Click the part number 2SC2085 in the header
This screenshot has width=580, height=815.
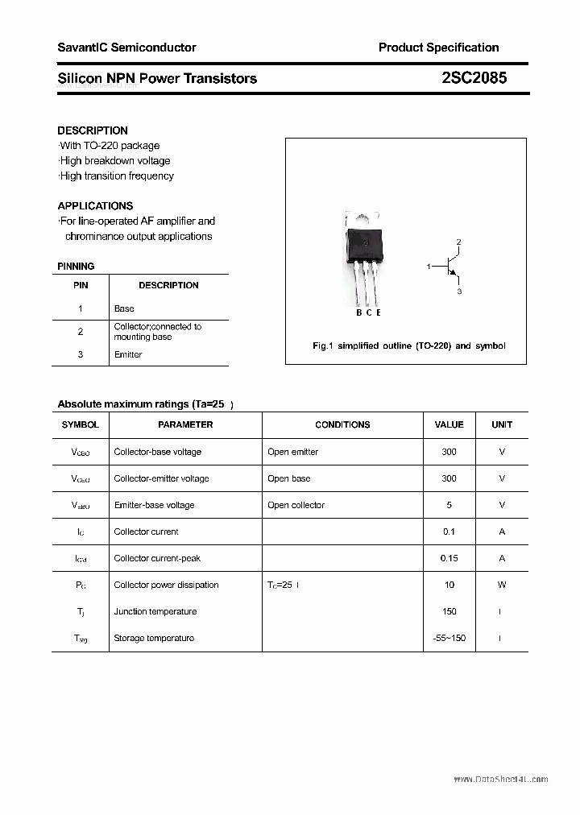[x=474, y=78]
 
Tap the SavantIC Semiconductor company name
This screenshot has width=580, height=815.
[x=126, y=48]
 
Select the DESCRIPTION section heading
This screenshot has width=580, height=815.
[x=93, y=130]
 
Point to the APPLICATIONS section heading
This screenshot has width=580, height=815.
[x=95, y=205]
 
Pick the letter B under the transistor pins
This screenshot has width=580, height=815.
[x=358, y=312]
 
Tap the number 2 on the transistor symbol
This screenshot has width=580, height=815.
[x=458, y=242]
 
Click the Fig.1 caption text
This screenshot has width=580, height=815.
[x=408, y=345]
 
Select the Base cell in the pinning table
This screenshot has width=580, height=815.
[x=124, y=308]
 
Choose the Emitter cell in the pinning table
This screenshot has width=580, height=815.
[x=128, y=354]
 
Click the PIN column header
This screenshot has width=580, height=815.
[x=81, y=285]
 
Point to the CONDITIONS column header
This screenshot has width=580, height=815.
[x=342, y=424]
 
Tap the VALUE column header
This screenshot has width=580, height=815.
[x=449, y=424]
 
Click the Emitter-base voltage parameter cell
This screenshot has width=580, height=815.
[x=154, y=505]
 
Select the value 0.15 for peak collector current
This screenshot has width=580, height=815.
[x=449, y=558]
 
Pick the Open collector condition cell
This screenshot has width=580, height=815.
[x=296, y=505]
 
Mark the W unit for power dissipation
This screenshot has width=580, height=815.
[x=501, y=585]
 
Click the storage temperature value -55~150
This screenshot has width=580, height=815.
[x=449, y=638]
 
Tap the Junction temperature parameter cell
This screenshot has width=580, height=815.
[x=155, y=611]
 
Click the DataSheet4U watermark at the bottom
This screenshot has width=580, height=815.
[x=500, y=779]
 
